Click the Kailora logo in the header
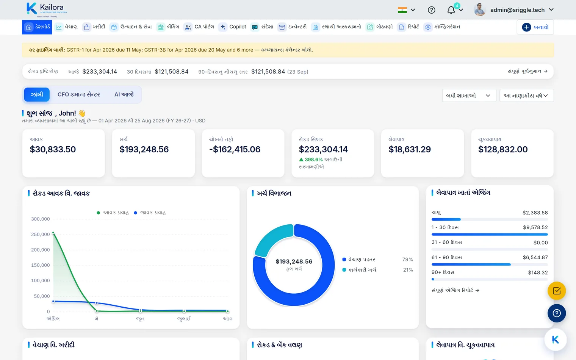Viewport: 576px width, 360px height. pos(47,10)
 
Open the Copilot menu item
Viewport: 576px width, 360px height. pos(232,27)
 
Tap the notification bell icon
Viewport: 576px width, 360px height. pos(451,10)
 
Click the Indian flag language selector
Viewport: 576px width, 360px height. pos(402,10)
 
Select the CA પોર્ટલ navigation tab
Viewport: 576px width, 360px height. pos(199,27)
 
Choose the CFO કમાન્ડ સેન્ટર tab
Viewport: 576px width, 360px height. pos(79,95)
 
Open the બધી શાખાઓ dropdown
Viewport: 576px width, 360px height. pos(469,95)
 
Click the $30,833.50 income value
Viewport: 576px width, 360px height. pos(53,149)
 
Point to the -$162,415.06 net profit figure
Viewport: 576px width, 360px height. pos(235,149)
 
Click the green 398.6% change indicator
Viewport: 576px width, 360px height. pos(311,160)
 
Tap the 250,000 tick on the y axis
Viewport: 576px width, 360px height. pos(41,234)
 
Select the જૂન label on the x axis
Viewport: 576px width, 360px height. pos(140,319)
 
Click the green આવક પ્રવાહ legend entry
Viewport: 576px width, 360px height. pos(113,213)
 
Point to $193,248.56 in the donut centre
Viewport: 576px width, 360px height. pos(294,261)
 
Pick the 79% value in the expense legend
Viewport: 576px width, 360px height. pos(408,260)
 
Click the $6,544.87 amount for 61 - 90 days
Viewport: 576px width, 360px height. pos(535,257)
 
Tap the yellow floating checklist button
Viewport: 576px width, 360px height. pos(557,291)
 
